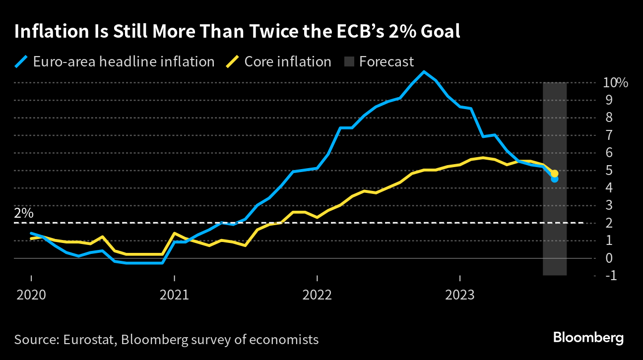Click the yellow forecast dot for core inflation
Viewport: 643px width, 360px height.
pyautogui.click(x=555, y=174)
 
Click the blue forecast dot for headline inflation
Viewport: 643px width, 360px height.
pyautogui.click(x=555, y=179)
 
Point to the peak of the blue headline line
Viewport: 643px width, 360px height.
pyautogui.click(x=424, y=72)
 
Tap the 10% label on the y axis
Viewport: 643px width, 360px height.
pyautogui.click(x=615, y=82)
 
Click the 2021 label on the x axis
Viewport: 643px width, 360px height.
pyautogui.click(x=174, y=296)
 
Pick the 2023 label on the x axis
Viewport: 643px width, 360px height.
pyautogui.click(x=460, y=296)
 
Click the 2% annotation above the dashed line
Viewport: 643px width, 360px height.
pyautogui.click(x=24, y=214)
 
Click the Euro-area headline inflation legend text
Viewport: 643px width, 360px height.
pyautogui.click(x=124, y=61)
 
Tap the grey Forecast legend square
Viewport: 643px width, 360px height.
pyautogui.click(x=349, y=62)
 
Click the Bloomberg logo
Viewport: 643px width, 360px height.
pyautogui.click(x=588, y=338)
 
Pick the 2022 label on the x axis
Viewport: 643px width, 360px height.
pyautogui.click(x=317, y=296)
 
